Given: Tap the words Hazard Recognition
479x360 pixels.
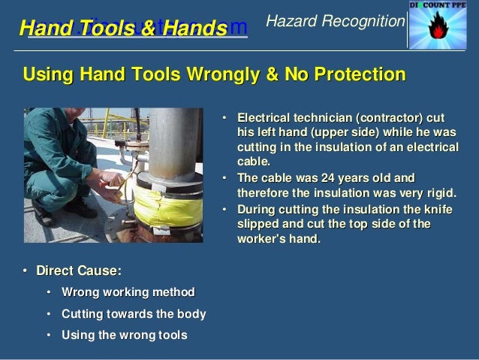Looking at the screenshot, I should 335,22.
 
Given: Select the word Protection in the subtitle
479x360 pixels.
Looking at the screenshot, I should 356,74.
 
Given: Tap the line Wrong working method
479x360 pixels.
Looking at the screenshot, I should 128,292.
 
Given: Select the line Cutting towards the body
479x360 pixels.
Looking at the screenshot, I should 134,313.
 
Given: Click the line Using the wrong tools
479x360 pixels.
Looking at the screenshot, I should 124,334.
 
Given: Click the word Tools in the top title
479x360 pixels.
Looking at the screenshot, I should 113,29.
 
